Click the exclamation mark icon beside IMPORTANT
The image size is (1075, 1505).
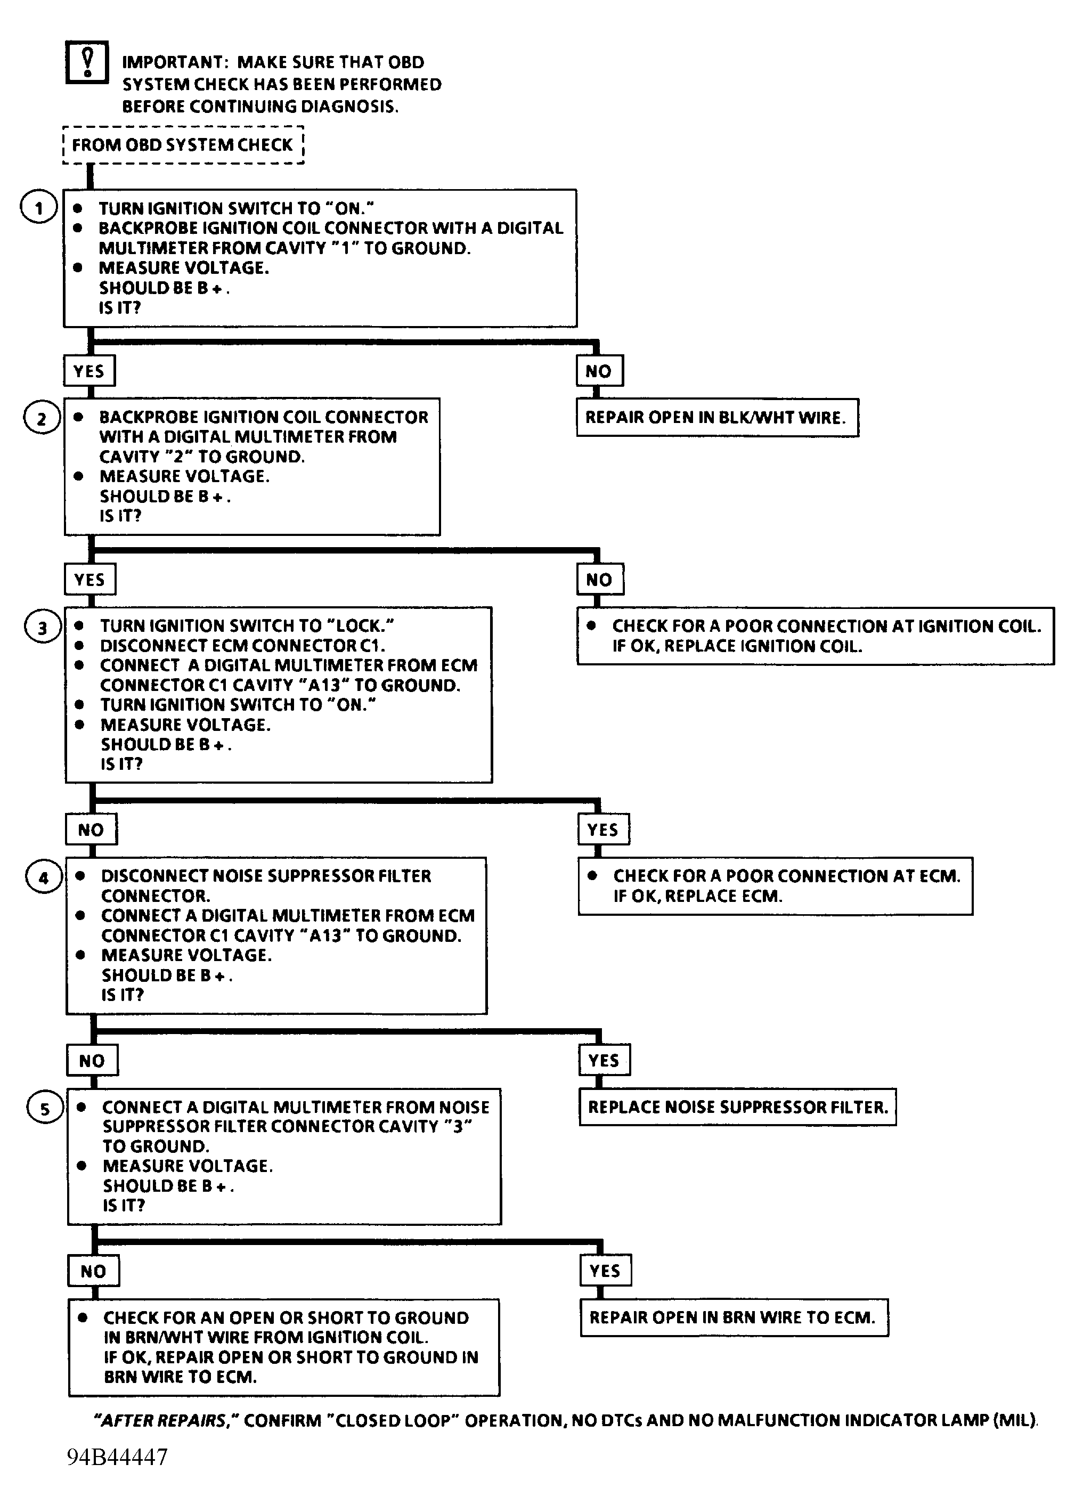(x=87, y=62)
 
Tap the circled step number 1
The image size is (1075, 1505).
(x=38, y=208)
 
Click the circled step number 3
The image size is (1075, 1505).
(x=43, y=628)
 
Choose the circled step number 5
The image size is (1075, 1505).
(x=45, y=1109)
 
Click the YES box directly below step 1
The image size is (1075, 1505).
(x=89, y=371)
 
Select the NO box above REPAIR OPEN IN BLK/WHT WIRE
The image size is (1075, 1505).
(x=600, y=371)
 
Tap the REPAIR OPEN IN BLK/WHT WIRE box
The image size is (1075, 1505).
(x=718, y=418)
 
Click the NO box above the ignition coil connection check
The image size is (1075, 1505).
(x=600, y=580)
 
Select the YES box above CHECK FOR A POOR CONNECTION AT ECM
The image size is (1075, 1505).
(x=604, y=829)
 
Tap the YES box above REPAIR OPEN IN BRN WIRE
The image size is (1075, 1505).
(x=606, y=1270)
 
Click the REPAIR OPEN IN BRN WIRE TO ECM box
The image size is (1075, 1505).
(x=734, y=1317)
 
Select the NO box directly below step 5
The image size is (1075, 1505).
(x=94, y=1271)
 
